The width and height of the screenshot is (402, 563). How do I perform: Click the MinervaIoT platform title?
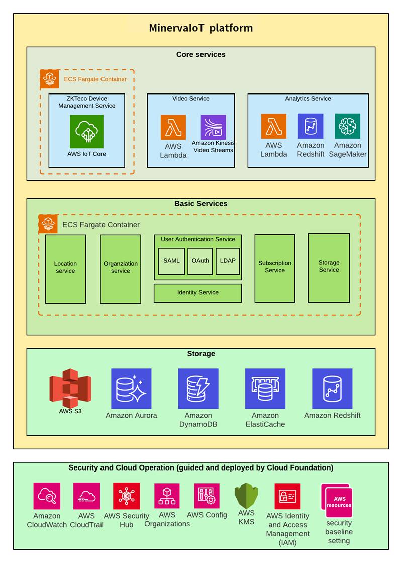(x=200, y=28)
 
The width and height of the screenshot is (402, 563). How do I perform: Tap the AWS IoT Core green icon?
(x=86, y=132)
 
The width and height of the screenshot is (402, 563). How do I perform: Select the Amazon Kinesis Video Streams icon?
(x=213, y=127)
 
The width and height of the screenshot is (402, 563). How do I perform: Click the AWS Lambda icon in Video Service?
(x=173, y=127)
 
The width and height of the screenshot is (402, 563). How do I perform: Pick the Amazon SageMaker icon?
(x=348, y=126)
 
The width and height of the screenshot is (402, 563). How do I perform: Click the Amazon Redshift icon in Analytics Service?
(x=311, y=126)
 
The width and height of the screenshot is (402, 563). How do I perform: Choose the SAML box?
(x=171, y=261)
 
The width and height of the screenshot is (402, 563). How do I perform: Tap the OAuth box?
(x=200, y=261)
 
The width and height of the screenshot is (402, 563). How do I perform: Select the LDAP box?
(x=228, y=261)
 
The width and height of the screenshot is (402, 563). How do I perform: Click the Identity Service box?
(x=197, y=293)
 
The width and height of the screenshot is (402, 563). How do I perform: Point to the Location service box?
(x=65, y=268)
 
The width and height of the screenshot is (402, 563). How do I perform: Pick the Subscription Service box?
(x=275, y=267)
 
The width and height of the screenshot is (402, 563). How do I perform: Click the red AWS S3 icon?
(x=70, y=388)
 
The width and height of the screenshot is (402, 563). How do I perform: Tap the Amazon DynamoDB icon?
(x=198, y=389)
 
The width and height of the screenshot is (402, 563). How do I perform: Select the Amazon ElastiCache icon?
(x=265, y=389)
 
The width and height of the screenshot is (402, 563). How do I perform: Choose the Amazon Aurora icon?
(x=131, y=389)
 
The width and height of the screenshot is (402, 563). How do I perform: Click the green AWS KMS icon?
(x=246, y=496)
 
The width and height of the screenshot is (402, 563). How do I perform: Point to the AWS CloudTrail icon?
(x=86, y=496)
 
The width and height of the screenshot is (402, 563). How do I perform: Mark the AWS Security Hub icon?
(x=126, y=496)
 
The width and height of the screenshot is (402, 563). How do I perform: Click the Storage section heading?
(x=201, y=354)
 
